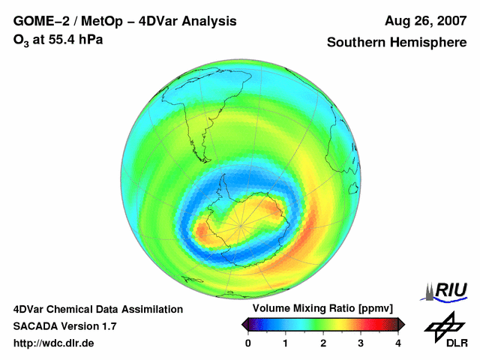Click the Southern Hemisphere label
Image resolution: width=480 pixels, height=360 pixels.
396,43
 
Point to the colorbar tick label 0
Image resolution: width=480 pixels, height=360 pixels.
248,343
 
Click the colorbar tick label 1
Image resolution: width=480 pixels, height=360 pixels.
286,343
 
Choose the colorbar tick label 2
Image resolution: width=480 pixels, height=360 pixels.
323,343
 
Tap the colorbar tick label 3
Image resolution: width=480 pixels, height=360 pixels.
361,343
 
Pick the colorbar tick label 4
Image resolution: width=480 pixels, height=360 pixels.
398,343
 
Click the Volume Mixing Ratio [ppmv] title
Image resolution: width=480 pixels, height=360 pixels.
322,308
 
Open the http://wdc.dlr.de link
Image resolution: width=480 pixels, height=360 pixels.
54,343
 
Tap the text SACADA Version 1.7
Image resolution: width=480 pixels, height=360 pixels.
64,326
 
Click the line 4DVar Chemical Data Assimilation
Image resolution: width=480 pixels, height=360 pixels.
97,309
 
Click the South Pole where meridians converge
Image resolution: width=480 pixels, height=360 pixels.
241,222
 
